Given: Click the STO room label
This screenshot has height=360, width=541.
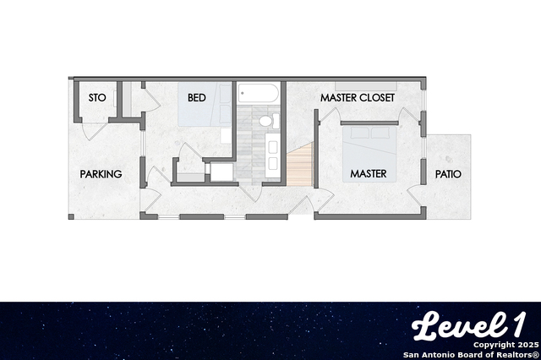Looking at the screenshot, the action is click(x=97, y=97).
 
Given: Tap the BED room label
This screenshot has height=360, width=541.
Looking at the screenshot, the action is click(x=197, y=97).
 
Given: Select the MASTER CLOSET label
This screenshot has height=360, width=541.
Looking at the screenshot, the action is click(x=358, y=97).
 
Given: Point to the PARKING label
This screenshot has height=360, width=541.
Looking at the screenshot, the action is click(x=101, y=174).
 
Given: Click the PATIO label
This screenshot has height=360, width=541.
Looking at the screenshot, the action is click(x=448, y=174).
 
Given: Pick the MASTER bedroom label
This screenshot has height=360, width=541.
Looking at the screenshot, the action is click(x=369, y=173).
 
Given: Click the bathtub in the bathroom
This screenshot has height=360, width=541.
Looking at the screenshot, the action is click(x=258, y=93).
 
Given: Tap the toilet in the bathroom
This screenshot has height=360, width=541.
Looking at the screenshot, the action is click(x=269, y=121).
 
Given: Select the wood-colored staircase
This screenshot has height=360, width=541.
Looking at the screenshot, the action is click(x=299, y=165).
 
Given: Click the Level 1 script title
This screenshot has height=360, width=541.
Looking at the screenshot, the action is click(x=469, y=325).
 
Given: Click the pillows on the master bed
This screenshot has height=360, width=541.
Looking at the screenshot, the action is click(x=370, y=133).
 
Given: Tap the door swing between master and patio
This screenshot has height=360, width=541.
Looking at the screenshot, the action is click(x=415, y=196).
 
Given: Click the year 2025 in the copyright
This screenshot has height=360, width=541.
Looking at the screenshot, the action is click(x=527, y=345).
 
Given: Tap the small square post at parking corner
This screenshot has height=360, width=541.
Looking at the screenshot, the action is click(x=71, y=217).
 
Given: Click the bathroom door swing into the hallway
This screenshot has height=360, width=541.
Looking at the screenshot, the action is click(x=251, y=194).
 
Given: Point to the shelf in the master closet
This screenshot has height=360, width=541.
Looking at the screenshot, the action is click(x=366, y=86).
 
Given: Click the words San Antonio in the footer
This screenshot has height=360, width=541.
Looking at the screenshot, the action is click(x=426, y=355).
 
